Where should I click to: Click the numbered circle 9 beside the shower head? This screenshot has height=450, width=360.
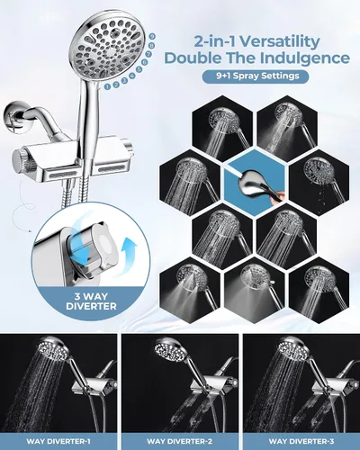pos(153,36)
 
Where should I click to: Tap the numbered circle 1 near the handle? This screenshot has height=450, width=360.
pos(108,86)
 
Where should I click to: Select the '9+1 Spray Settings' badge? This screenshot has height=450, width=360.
pos(256,76)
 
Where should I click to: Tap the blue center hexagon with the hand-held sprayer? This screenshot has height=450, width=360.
pos(255,182)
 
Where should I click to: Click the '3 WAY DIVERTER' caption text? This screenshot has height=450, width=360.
pos(91,301)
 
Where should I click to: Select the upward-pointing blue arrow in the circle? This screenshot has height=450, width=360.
pos(130,253)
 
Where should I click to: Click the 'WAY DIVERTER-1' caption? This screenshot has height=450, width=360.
pos(58,441)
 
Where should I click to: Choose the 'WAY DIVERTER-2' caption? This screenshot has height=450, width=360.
pos(179,441)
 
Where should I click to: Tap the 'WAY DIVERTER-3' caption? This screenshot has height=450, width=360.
pos(301,441)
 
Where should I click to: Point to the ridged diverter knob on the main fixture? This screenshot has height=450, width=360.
pos(20,162)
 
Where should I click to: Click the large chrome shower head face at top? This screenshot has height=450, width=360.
pos(108,48)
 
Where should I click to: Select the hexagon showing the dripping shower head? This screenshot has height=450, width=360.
pos(319,182)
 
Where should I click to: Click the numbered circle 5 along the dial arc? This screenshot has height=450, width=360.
pos(139,69)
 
